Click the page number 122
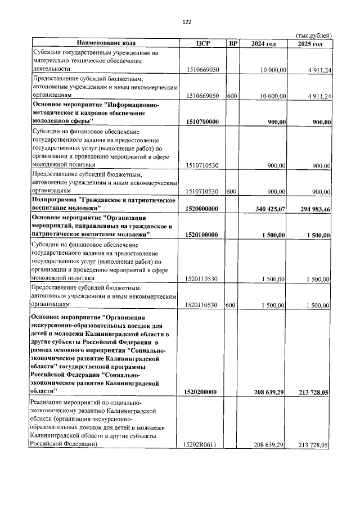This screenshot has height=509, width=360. pyautogui.click(x=187, y=22)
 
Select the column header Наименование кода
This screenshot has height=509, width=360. pyautogui.click(x=106, y=43)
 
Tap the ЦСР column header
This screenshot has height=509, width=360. pyautogui.click(x=202, y=43)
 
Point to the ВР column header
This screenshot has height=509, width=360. pyautogui.click(x=232, y=43)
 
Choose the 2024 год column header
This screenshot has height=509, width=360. pyautogui.click(x=263, y=43)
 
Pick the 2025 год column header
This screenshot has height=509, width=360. pyautogui.click(x=310, y=43)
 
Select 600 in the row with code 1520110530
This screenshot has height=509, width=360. pyautogui.click(x=231, y=305)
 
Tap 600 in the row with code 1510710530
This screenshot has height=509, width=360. pyautogui.click(x=231, y=191)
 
